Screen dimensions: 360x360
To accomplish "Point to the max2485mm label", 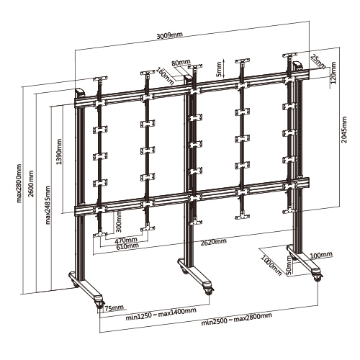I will coord(48,204).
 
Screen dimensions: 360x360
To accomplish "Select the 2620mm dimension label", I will coord(214,243).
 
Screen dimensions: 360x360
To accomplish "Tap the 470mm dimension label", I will coord(127,240).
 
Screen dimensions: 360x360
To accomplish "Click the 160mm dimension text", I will coord(166,74).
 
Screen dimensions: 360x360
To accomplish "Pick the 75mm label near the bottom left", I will coord(112,309).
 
